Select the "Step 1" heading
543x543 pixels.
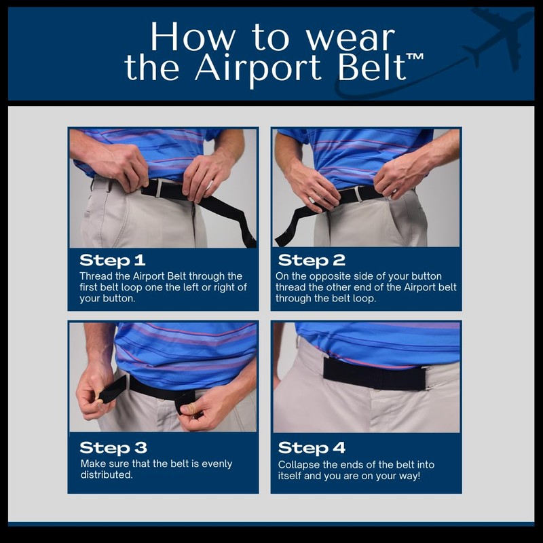point(113,260)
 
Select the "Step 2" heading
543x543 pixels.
point(312,260)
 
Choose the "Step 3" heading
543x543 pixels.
point(113,448)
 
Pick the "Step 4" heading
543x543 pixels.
point(312,448)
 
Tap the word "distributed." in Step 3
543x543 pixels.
point(105,475)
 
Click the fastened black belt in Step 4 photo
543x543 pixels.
point(367,373)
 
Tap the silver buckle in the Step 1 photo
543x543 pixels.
point(157,187)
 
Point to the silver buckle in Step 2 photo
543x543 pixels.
point(358,194)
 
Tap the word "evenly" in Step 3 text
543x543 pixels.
point(216,464)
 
